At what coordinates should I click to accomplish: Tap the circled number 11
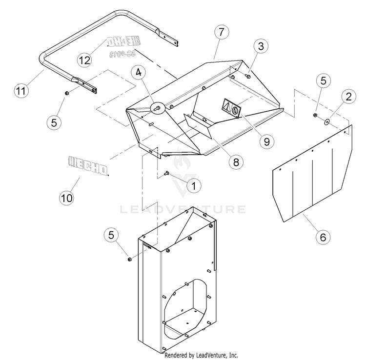click(x=20, y=90)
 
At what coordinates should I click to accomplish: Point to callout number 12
click(x=84, y=60)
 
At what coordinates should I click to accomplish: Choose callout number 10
click(x=66, y=198)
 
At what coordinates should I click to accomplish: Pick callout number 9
click(x=266, y=141)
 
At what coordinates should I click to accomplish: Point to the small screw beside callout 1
click(x=167, y=173)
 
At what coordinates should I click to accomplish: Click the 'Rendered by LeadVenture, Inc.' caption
click(x=202, y=355)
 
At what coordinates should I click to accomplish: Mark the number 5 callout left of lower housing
click(x=111, y=235)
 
